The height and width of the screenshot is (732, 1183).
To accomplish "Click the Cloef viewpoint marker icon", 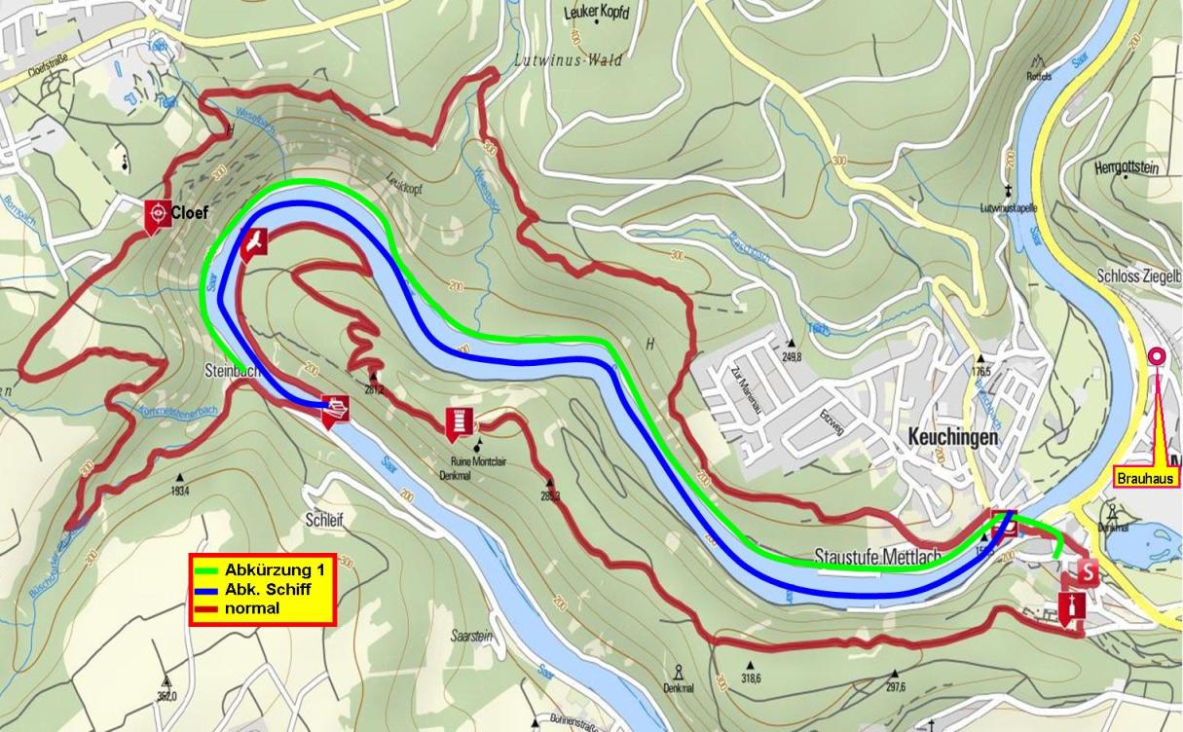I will tap(155, 216).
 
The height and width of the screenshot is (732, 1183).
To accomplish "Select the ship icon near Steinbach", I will tap(336, 410).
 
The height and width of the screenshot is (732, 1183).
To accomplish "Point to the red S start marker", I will tap(1086, 570).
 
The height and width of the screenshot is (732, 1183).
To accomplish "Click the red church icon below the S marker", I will tap(1072, 609).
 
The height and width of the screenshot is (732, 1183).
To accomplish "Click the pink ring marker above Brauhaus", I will tap(1157, 356).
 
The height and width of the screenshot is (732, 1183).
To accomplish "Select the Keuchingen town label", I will tap(954, 438).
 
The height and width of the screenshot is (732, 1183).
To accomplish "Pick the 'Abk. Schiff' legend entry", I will tap(263, 588).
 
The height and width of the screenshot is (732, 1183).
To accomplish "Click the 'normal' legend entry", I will tap(251, 608).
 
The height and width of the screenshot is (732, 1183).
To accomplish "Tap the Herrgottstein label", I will tap(1127, 168).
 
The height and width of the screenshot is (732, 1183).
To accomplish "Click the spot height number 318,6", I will tap(750, 678).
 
